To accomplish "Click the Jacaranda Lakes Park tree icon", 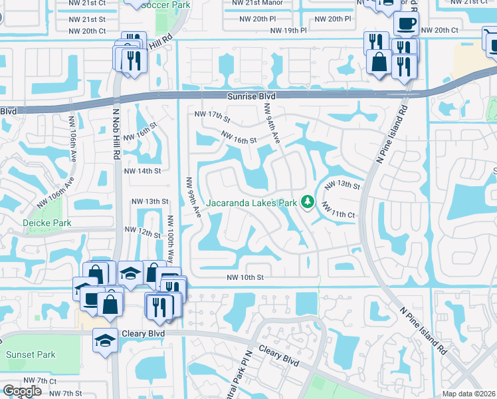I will click(307, 201).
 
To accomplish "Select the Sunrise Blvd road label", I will click(251, 96).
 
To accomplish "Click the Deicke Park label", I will click(42, 223).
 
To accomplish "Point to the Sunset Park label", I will click(31, 354).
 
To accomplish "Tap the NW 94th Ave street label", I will click(272, 124).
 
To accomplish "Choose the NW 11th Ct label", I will click(339, 211).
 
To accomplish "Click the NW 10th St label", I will click(245, 277).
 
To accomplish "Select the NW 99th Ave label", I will click(193, 197).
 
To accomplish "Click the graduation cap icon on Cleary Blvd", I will click(104, 340).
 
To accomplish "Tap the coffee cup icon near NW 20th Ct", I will click(405, 24).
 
